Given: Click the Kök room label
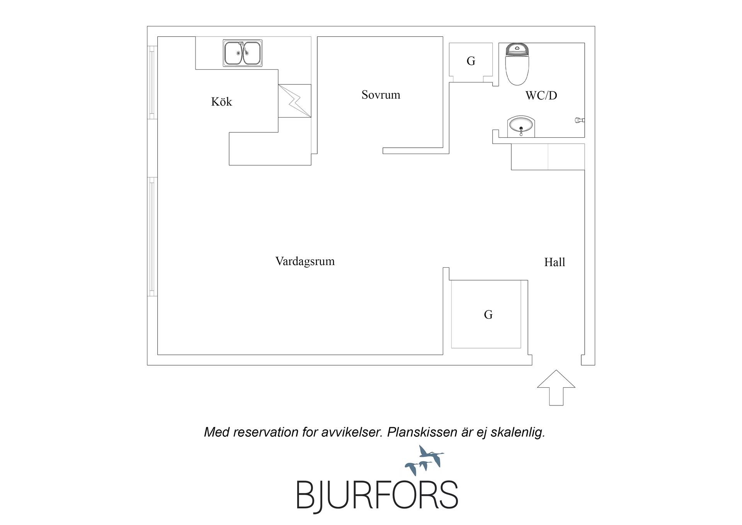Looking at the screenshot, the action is pyautogui.click(x=221, y=102).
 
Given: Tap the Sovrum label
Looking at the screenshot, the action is pyautogui.click(x=381, y=95).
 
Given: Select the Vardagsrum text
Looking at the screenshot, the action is pyautogui.click(x=305, y=261).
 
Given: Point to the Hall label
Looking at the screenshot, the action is pyautogui.click(x=555, y=262).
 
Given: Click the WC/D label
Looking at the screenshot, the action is pyautogui.click(x=541, y=95).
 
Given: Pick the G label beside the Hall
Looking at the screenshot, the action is pyautogui.click(x=488, y=315).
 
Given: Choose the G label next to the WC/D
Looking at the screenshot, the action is pyautogui.click(x=471, y=61).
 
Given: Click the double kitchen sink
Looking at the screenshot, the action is pyautogui.click(x=243, y=53).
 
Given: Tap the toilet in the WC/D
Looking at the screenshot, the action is pyautogui.click(x=517, y=64).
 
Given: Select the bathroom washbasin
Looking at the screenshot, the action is pyautogui.click(x=521, y=126).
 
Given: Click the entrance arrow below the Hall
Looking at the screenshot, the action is pyautogui.click(x=556, y=388).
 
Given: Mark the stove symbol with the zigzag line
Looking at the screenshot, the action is pyautogui.click(x=294, y=101).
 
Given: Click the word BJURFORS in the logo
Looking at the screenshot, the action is pyautogui.click(x=377, y=496).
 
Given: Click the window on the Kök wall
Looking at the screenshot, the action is pyautogui.click(x=152, y=82).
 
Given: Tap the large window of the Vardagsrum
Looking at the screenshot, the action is pyautogui.click(x=152, y=237).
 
